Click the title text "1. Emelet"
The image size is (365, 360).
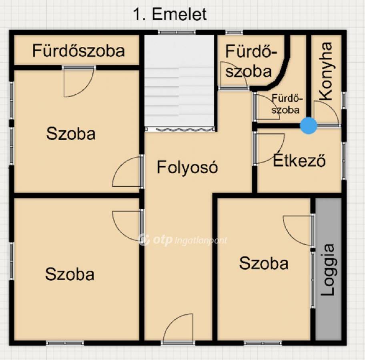170,14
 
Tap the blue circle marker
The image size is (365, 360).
309,126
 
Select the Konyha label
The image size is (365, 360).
326,72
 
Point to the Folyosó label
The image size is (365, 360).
187,167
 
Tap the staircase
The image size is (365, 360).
179,83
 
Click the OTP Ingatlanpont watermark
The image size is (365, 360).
183,240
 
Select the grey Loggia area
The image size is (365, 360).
328,269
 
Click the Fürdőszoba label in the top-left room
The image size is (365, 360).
78,51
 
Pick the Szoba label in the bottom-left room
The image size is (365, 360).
70,274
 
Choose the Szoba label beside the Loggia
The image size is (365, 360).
264,263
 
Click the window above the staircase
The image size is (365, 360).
176,32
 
